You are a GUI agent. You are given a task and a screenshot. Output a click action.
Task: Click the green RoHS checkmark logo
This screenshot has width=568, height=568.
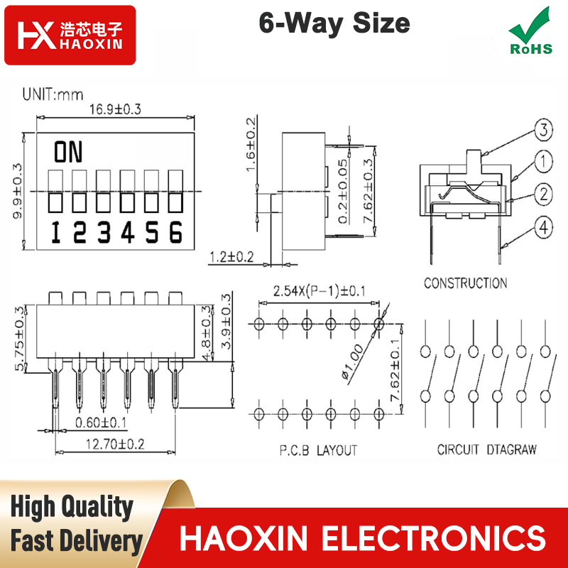pos(530,31)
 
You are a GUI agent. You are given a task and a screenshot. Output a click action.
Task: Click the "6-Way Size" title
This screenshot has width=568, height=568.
pos(334,23)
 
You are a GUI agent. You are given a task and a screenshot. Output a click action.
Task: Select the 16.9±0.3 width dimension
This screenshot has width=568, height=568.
pos(115,109)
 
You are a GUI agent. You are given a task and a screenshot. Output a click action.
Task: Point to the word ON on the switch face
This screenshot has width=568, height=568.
pos(68,152)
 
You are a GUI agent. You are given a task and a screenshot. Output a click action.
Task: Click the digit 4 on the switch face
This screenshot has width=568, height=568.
pos(128,232)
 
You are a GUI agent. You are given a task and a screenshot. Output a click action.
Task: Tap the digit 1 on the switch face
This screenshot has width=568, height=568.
pos(56,232)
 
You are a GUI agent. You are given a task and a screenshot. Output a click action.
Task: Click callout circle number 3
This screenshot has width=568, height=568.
pos(543,129)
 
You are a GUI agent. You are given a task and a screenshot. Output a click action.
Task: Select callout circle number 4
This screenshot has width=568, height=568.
pos(543,227)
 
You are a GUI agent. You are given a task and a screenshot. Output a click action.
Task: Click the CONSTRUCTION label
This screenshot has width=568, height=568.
pos(466,283)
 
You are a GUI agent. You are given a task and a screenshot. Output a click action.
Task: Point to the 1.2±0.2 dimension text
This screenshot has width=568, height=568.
pos(232,257)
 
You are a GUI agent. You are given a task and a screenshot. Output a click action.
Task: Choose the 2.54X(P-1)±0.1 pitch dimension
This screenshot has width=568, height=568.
pos(319,291)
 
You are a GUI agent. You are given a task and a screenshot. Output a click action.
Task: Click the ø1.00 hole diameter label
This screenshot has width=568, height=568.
pos(352,362)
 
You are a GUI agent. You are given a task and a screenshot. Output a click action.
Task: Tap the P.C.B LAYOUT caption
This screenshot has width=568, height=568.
pos(318,450)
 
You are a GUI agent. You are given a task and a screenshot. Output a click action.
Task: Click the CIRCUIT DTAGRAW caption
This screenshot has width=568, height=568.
pos(486,449)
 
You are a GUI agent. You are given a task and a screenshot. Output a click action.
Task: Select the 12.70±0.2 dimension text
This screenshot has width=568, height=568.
pos(115,444)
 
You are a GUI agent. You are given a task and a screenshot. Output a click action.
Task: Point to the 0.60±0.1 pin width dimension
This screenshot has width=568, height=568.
pos(101,422)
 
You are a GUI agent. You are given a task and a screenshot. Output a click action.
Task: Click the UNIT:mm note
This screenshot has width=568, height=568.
pos(53,94)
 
